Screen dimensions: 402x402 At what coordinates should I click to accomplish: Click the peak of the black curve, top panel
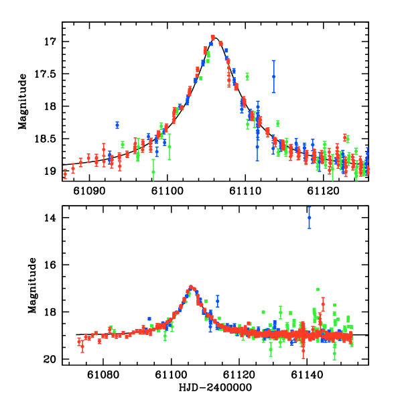[213, 38]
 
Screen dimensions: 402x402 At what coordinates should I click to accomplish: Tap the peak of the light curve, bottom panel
[192, 287]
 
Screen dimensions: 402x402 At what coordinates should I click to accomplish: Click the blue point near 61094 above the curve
[117, 125]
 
